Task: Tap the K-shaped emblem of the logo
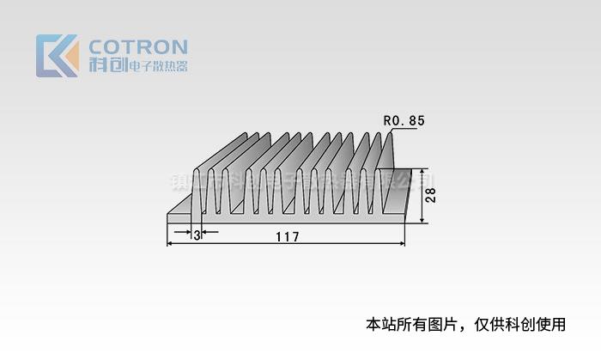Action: click(x=57, y=56)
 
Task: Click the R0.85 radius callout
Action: click(x=404, y=121)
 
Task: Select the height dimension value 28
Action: click(x=432, y=195)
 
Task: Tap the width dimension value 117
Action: click(x=286, y=236)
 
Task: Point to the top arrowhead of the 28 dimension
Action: click(x=422, y=171)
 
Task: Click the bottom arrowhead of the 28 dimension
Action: click(x=422, y=219)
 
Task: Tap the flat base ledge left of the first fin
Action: click(x=180, y=209)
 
